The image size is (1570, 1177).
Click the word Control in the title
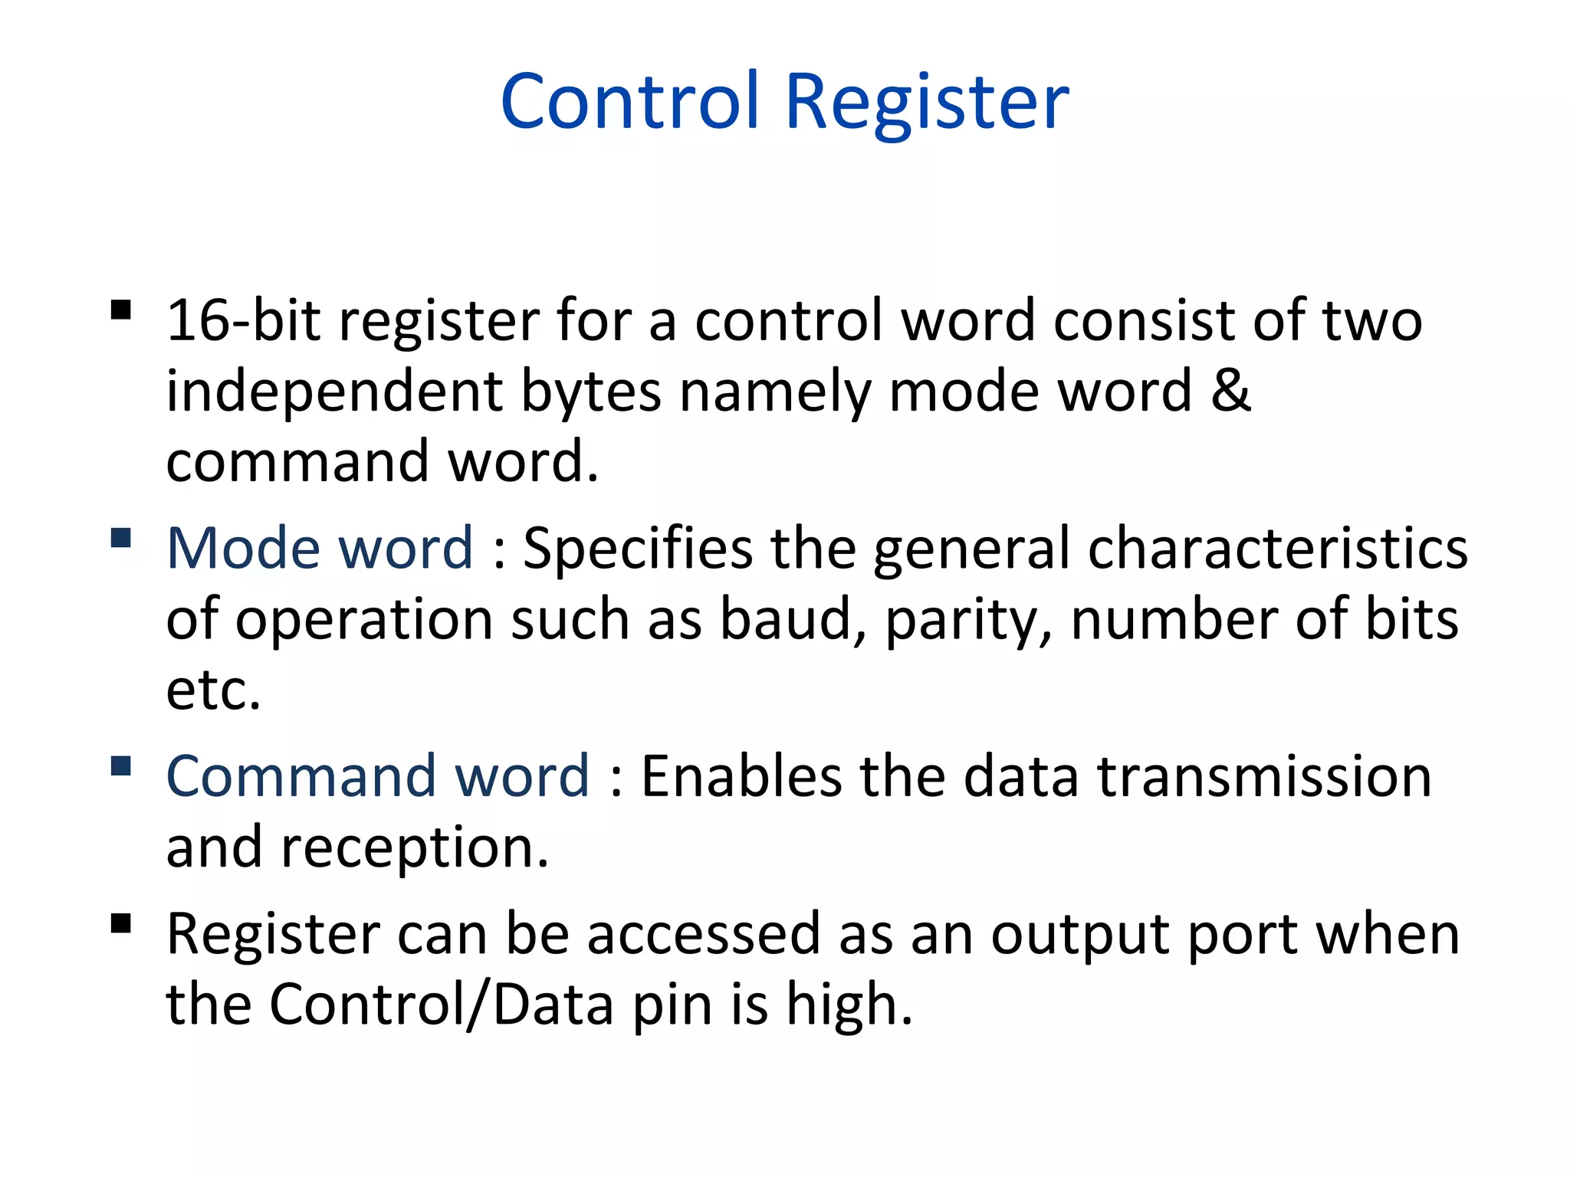629,101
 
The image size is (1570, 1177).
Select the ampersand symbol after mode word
1230,391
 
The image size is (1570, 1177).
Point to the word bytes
591,393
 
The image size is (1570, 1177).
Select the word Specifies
638,550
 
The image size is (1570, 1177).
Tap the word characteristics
1278,549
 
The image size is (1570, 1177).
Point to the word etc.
213,690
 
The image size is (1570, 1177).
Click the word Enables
741,777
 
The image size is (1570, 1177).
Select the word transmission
1264,777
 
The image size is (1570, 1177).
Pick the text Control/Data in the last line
442,1004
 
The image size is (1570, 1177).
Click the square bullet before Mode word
121,538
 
